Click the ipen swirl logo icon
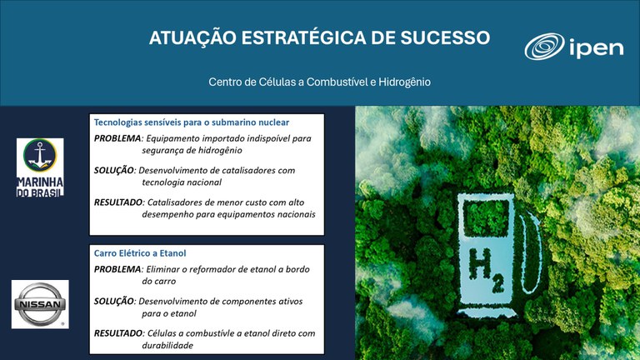point(544,47)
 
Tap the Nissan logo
point(39,303)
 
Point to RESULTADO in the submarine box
point(119,202)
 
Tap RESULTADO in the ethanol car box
point(119,333)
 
